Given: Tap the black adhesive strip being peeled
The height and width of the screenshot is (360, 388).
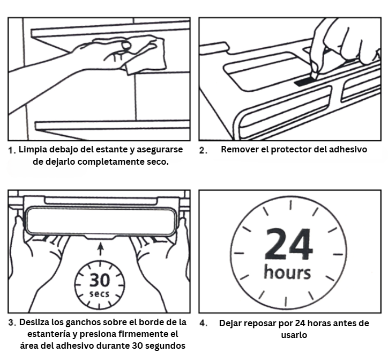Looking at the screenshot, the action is (305, 81).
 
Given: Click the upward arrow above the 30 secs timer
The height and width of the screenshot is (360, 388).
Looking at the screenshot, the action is (100, 249).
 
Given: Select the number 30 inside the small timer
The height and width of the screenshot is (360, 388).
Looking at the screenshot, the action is (100, 280).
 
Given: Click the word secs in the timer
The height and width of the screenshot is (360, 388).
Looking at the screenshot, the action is (99, 294).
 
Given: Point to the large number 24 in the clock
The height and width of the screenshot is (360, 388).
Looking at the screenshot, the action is (288, 244).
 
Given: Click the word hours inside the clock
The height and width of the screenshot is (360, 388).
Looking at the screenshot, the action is (287, 272).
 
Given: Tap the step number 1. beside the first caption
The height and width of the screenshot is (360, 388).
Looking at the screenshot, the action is (12, 150).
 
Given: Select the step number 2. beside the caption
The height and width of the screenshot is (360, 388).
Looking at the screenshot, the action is (204, 150).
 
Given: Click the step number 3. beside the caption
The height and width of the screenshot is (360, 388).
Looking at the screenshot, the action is (12, 323).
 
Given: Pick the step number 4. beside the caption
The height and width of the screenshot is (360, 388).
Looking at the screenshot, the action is (204, 324).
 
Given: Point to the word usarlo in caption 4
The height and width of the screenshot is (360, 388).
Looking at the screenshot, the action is (294, 335).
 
